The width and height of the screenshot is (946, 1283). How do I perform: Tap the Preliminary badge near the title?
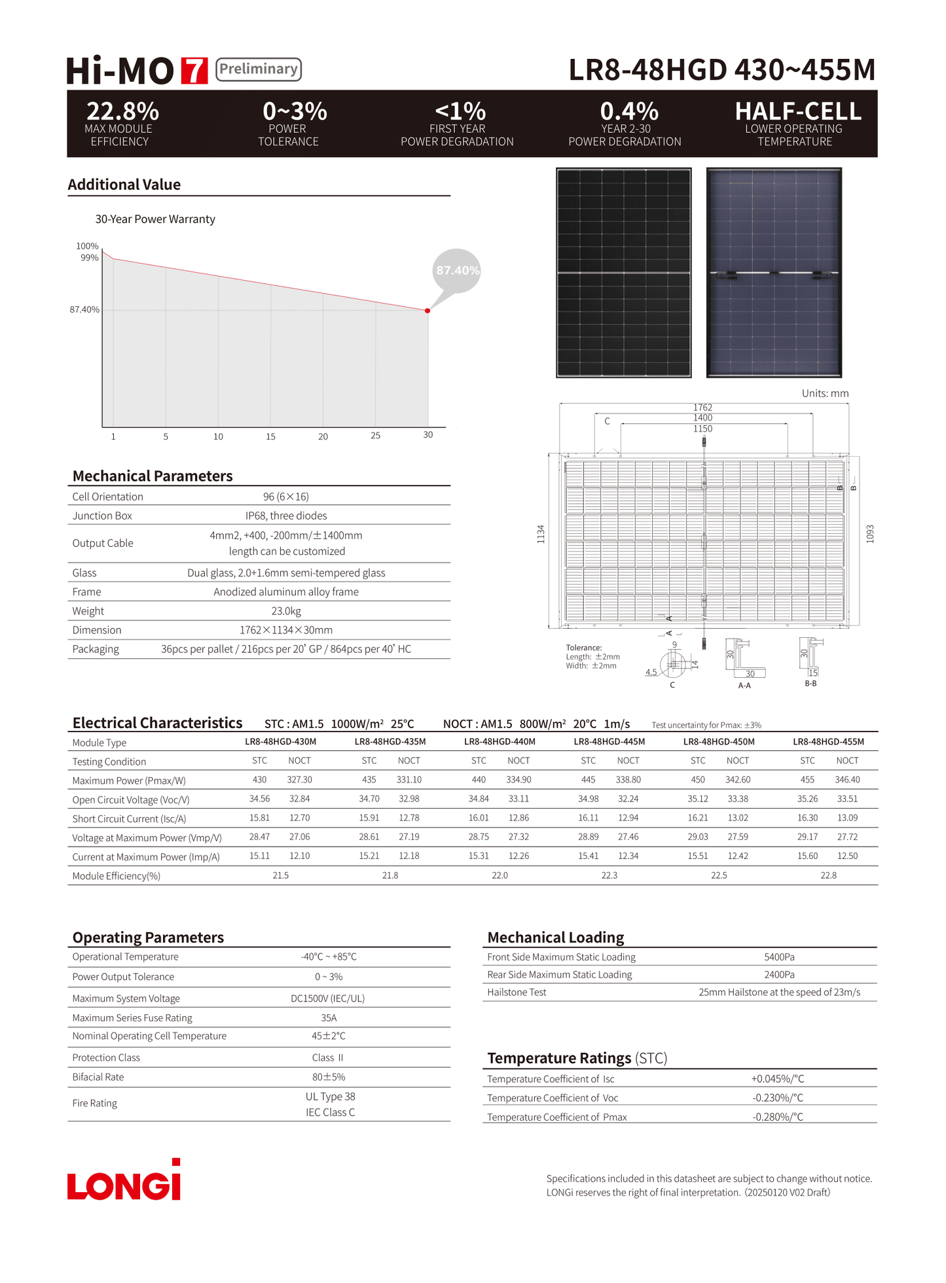pos(258,69)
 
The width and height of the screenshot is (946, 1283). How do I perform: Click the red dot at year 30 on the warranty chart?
pos(428,311)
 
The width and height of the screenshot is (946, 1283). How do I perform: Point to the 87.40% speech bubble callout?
pos(457,270)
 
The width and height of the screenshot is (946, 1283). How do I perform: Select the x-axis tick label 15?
pos(270,436)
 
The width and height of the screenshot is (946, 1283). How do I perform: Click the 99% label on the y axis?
pos(90,258)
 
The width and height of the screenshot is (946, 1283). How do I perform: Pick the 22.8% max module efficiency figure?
pos(122,111)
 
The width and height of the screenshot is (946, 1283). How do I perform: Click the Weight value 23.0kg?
pos(286,611)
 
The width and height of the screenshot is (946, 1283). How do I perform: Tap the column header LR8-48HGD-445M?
pos(609,742)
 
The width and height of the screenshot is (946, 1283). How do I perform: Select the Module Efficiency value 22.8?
pos(828,875)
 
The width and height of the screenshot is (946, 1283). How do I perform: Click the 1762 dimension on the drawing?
pos(702,408)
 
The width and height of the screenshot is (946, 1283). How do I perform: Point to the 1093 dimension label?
pos(870,534)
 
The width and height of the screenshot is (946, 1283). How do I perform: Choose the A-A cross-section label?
pos(744,686)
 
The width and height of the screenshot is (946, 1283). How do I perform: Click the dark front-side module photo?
pos(623,273)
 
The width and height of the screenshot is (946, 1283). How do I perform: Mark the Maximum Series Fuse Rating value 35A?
pos(329,1018)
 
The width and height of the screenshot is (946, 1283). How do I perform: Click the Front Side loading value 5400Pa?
pos(779,957)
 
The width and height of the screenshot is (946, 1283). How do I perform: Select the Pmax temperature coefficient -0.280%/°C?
pos(778,1117)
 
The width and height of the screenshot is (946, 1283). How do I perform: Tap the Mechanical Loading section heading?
pos(555,938)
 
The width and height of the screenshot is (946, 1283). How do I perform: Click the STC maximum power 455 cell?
pos(807,780)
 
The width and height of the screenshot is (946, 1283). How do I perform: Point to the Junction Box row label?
pos(102,516)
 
